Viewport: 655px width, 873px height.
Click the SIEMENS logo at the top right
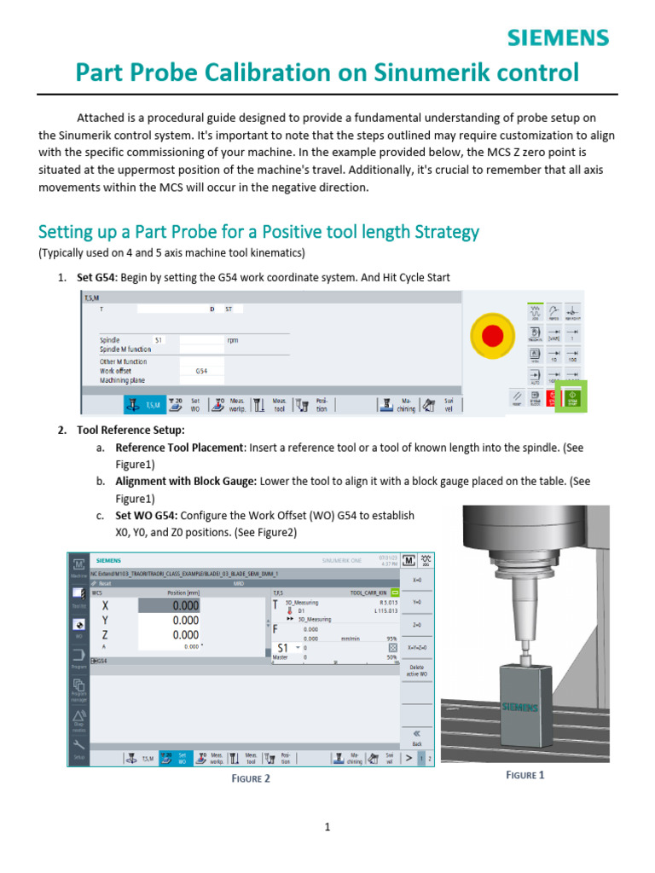pyautogui.click(x=559, y=38)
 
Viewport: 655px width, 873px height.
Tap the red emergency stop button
pyautogui.click(x=492, y=336)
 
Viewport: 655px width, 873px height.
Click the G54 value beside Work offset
pyautogui.click(x=202, y=371)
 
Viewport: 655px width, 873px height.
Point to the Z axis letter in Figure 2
pyautogui.click(x=105, y=635)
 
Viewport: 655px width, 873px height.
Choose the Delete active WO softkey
pyautogui.click(x=416, y=670)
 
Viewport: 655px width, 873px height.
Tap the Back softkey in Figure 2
pyautogui.click(x=416, y=738)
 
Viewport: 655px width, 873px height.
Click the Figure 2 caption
pyautogui.click(x=251, y=778)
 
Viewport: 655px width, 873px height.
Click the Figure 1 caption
pyautogui.click(x=525, y=774)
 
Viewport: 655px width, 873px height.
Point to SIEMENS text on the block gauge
pyautogui.click(x=519, y=707)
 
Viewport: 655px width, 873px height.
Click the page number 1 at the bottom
pyautogui.click(x=327, y=826)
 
